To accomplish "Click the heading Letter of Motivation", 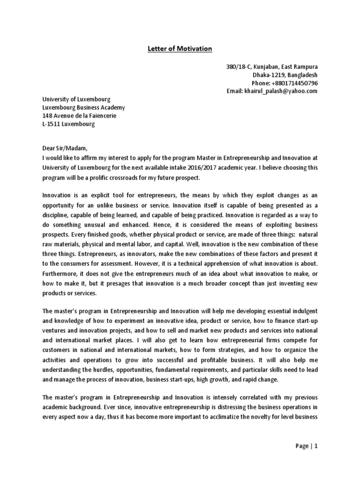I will [180, 48].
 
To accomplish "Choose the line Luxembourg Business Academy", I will [84, 108].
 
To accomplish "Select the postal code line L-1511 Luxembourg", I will [68, 124].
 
